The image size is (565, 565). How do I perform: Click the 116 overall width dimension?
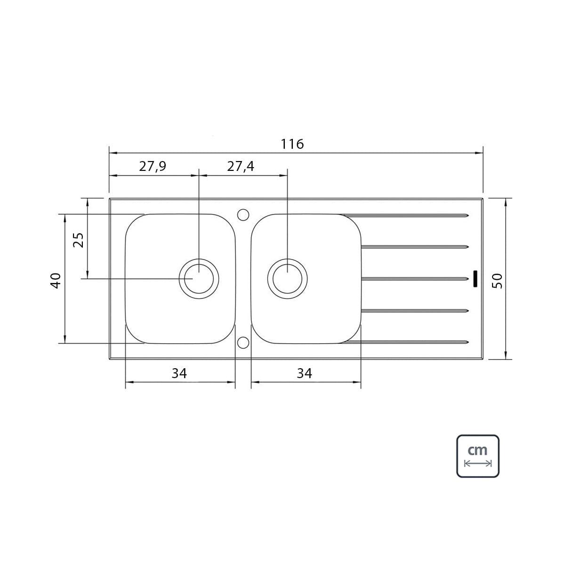tap(292, 144)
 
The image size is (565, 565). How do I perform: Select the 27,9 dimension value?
tap(153, 167)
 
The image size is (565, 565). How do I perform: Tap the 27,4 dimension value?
tap(241, 167)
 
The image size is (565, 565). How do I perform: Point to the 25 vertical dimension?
tap(78, 240)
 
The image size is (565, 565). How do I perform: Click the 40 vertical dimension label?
tap(56, 281)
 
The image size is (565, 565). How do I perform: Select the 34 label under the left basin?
tap(179, 373)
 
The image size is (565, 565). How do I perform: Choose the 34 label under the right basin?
tap(304, 373)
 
